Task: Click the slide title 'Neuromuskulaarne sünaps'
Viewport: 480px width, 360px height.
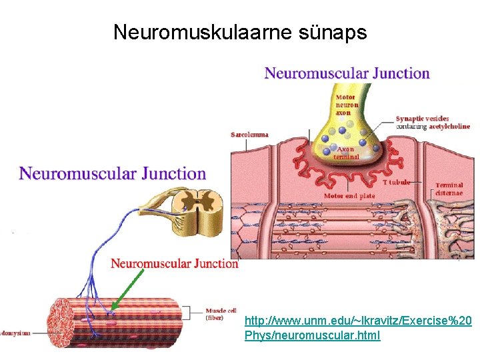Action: click(x=240, y=31)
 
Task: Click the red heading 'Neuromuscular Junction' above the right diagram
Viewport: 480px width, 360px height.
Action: click(x=347, y=73)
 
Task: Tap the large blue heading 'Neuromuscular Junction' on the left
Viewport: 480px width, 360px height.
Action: click(x=113, y=174)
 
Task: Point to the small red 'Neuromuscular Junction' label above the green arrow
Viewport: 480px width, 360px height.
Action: click(x=174, y=263)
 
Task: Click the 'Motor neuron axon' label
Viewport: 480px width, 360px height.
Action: click(x=346, y=105)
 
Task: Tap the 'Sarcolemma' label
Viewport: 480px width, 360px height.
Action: click(x=249, y=134)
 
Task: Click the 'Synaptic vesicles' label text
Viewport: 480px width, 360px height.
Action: click(x=422, y=119)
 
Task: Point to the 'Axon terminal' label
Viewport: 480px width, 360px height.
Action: click(x=346, y=153)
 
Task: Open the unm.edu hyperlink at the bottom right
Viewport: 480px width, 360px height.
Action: click(x=358, y=328)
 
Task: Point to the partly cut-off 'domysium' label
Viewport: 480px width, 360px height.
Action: click(x=15, y=332)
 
